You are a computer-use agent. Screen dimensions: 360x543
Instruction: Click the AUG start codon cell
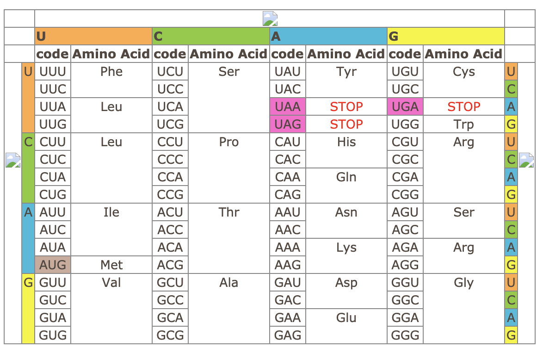point(53,265)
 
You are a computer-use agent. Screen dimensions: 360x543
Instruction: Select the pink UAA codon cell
point(287,107)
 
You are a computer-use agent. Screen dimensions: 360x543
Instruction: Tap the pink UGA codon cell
point(405,107)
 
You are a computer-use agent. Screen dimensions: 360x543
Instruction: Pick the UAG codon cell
point(287,124)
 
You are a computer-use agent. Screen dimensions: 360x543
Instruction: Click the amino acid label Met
point(111,265)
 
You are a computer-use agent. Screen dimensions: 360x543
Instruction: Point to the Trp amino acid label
point(463,124)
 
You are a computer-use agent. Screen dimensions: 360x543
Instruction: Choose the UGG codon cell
point(405,124)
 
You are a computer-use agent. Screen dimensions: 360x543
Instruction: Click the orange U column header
point(93,36)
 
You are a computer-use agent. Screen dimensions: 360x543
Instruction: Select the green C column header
point(210,36)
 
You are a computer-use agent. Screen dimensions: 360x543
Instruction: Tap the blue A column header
point(328,36)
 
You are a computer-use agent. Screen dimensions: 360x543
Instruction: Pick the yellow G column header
point(445,36)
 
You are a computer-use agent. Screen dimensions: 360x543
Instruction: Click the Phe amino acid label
point(111,72)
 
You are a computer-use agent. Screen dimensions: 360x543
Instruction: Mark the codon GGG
point(405,335)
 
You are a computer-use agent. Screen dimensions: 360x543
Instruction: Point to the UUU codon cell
point(53,72)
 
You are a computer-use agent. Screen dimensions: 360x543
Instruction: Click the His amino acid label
point(346,142)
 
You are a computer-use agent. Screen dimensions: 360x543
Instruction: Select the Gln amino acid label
point(346,177)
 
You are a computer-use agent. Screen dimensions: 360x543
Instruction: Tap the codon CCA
point(170,177)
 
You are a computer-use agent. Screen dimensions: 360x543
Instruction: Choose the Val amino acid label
point(111,283)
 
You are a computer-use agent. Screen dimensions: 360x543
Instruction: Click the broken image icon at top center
point(270,19)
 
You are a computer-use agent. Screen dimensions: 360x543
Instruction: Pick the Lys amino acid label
point(346,248)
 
